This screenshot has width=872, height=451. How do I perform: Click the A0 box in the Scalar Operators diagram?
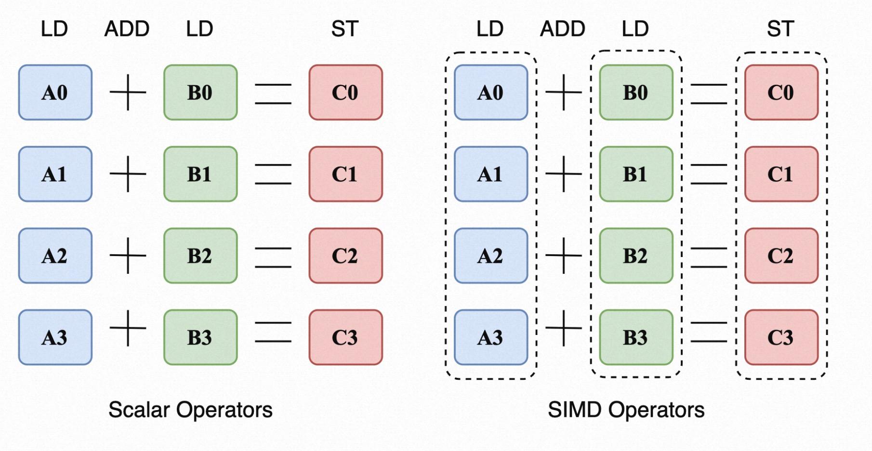coord(55,92)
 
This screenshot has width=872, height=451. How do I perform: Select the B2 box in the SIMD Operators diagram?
coord(636,256)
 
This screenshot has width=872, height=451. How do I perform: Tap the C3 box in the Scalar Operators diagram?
coord(345,337)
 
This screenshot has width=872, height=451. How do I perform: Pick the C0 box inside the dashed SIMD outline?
coord(781,92)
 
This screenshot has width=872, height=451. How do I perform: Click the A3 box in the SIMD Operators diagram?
coord(490,337)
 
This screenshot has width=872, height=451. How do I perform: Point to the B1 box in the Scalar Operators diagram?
coord(200,174)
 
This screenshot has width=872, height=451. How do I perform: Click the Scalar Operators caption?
coord(190,410)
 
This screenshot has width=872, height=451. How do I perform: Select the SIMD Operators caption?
coord(626,410)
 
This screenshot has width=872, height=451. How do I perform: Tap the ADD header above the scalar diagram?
coord(127,29)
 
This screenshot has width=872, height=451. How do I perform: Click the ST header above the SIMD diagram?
coord(780,29)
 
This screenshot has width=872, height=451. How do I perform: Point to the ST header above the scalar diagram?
coord(344,29)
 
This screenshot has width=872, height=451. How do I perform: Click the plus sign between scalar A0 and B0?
coord(128,92)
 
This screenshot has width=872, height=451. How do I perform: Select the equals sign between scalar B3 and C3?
coord(273,332)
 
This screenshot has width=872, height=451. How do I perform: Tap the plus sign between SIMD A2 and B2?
coord(563,256)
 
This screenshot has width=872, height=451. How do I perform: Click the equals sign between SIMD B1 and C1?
coord(709,174)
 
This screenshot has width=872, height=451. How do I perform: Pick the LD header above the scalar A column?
coord(54,29)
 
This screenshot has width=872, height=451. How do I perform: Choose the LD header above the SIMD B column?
coord(635,29)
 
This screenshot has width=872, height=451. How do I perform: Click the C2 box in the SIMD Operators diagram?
coord(781,256)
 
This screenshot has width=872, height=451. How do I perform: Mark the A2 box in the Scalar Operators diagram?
coord(55,256)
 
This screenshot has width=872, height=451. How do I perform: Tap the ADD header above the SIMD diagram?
coord(562,29)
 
